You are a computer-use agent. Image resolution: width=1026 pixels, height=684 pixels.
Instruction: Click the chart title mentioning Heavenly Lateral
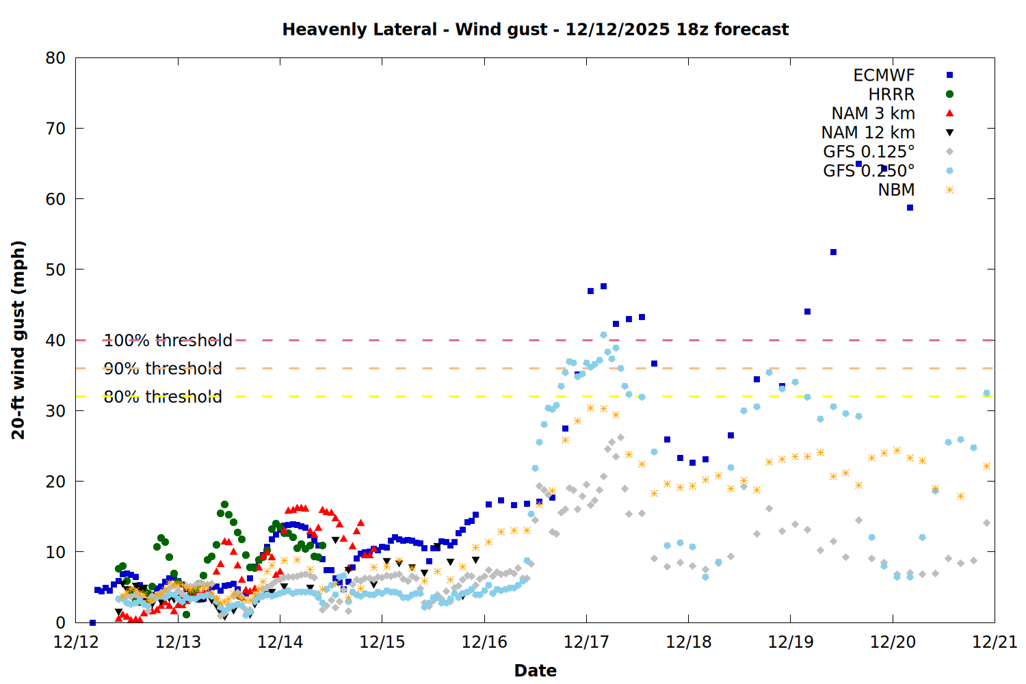coord(535,29)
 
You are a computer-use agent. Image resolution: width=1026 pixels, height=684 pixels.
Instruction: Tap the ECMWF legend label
coord(884,75)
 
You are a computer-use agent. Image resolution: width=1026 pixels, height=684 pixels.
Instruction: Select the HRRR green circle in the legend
coord(949,94)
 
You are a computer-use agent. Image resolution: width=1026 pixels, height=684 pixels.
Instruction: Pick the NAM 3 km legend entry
coord(873,114)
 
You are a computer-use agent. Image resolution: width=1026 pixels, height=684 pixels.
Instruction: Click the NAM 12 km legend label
coord(868,133)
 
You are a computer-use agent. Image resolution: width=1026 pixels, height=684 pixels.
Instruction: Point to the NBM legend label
coord(896,190)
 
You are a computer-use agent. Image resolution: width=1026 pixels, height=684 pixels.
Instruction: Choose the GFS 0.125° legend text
coord(869,152)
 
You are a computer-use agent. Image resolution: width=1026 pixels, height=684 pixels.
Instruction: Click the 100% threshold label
coord(168,341)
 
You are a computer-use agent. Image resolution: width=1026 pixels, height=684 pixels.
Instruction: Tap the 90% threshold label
coord(163,369)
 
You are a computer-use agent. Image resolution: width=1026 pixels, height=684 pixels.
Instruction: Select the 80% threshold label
coord(163,397)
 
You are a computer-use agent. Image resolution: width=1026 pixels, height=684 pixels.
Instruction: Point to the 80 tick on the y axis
coord(56,58)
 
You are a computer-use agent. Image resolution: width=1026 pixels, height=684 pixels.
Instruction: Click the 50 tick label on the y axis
coord(56,269)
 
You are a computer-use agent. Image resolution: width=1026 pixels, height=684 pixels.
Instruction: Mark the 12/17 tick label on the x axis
coord(586,642)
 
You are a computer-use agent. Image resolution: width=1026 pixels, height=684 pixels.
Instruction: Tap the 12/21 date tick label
coord(995,642)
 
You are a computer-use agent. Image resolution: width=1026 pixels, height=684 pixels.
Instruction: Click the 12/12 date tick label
coord(76,642)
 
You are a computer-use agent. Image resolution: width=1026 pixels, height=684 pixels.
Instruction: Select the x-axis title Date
coord(535,670)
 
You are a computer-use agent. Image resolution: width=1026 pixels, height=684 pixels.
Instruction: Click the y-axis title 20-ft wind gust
coord(18,339)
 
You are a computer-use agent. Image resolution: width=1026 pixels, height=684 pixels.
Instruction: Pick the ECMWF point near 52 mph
coord(833,252)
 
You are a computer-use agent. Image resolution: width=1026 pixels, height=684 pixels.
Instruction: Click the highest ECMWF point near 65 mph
coord(858,164)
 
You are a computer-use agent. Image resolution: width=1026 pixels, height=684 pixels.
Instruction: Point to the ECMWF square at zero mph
coord(92,622)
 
